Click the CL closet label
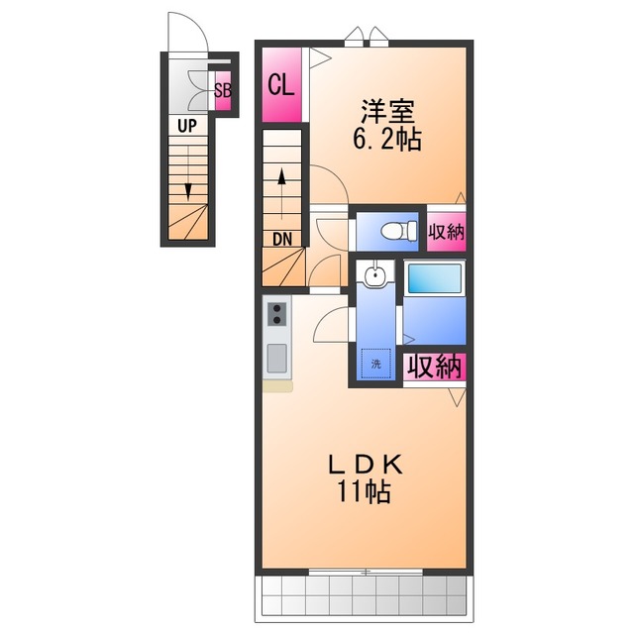pyautogui.click(x=281, y=85)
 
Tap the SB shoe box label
pyautogui.click(x=223, y=91)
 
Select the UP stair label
pyautogui.click(x=187, y=126)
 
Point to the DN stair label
pyautogui.click(x=282, y=240)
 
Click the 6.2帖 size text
pyautogui.click(x=387, y=139)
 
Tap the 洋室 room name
pyautogui.click(x=387, y=111)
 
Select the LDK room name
pyautogui.click(x=366, y=465)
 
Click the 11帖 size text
pyautogui.click(x=364, y=491)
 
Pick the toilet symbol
pyautogui.click(x=399, y=231)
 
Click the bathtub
pyautogui.click(x=434, y=278)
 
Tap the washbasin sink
pyautogui.click(x=374, y=275)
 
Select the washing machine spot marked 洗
pyautogui.click(x=376, y=364)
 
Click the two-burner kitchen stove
pyautogui.click(x=277, y=314)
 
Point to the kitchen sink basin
pyautogui.click(x=277, y=359)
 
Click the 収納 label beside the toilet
pyautogui.click(x=447, y=232)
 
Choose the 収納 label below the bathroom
pyautogui.click(x=435, y=367)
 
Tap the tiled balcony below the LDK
pyautogui.click(x=364, y=600)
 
